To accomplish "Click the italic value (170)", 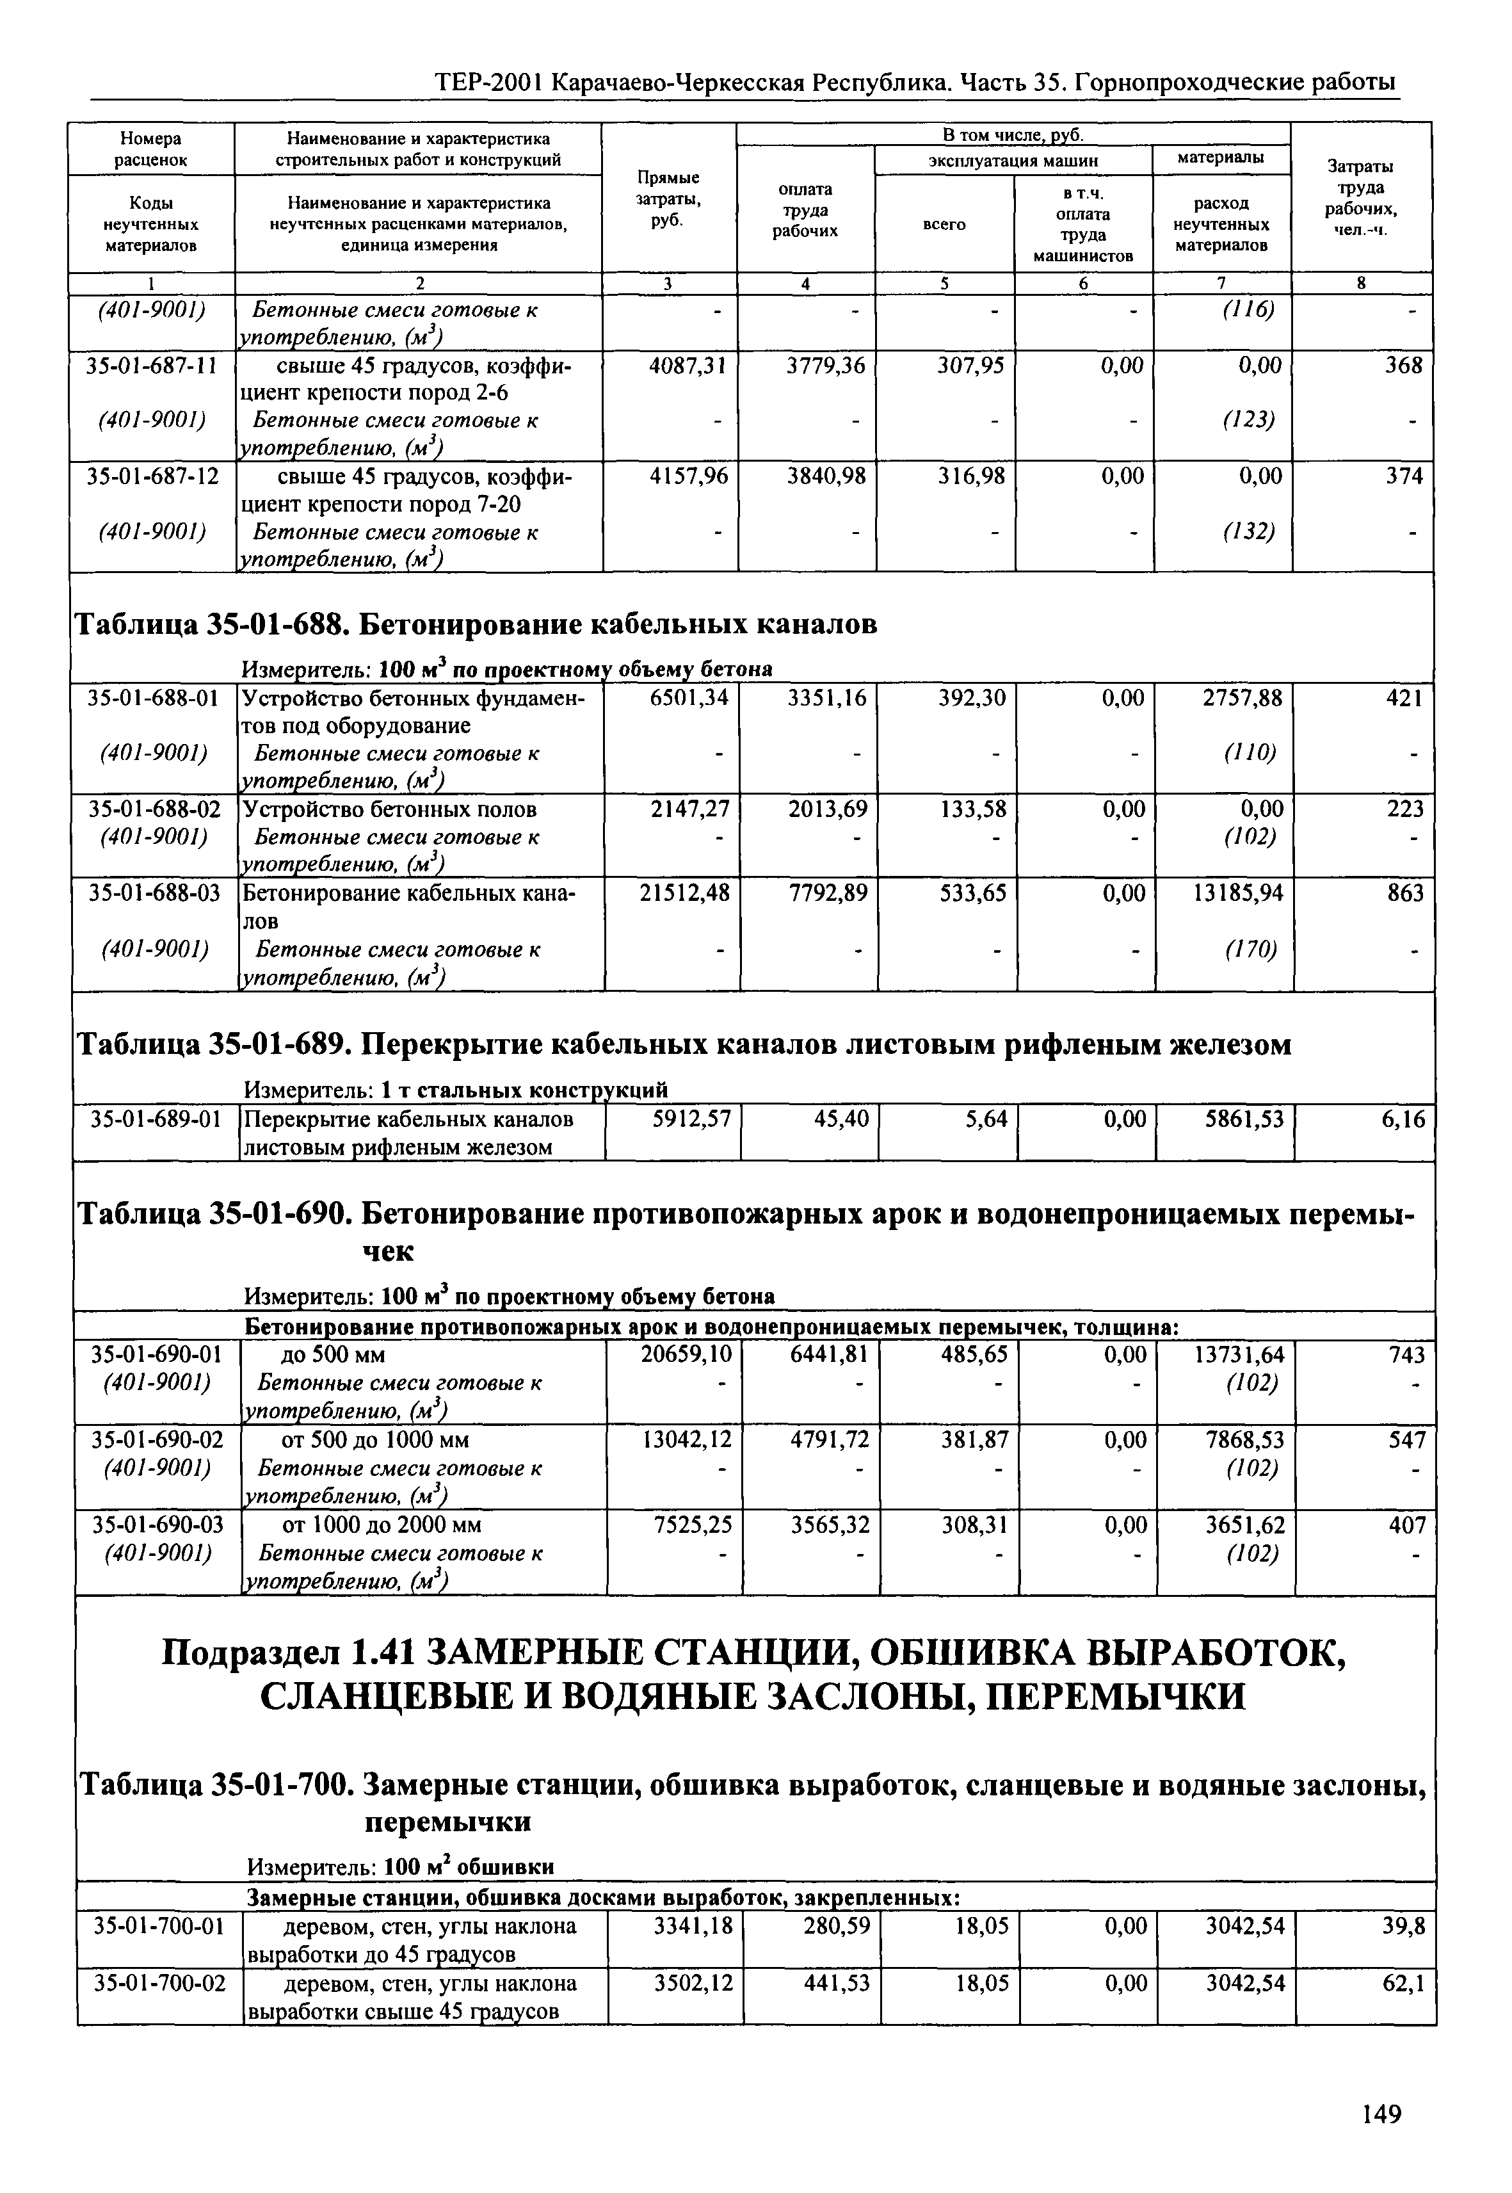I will pyautogui.click(x=1250, y=949).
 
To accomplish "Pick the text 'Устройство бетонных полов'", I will pyautogui.click(x=389, y=809).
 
